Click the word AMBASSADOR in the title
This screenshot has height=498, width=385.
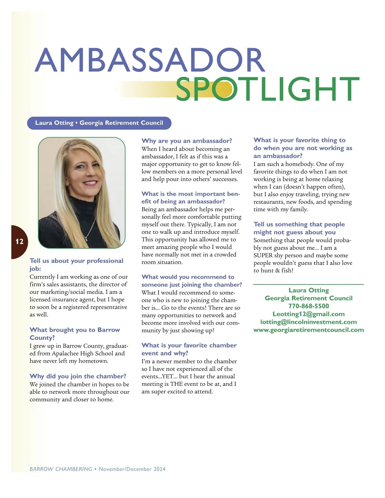click(150, 60)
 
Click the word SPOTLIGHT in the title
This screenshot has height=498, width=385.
click(268, 89)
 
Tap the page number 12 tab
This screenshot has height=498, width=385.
click(19, 241)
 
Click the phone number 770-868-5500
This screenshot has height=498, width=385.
click(309, 306)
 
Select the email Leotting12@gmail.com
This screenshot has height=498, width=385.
click(309, 314)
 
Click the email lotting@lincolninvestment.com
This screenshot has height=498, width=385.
click(309, 322)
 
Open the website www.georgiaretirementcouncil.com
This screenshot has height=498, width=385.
click(309, 330)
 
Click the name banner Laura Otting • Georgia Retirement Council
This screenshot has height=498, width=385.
click(99, 123)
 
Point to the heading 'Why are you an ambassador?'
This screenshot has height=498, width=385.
click(187, 141)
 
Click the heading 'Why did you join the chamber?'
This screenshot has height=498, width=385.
click(78, 376)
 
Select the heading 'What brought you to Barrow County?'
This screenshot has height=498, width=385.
click(75, 333)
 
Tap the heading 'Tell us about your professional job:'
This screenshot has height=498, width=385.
click(76, 265)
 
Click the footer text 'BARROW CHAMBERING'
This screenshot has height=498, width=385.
click(61, 469)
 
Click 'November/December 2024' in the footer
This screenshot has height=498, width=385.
click(132, 469)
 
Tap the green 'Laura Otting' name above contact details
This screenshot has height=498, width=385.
click(309, 290)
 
